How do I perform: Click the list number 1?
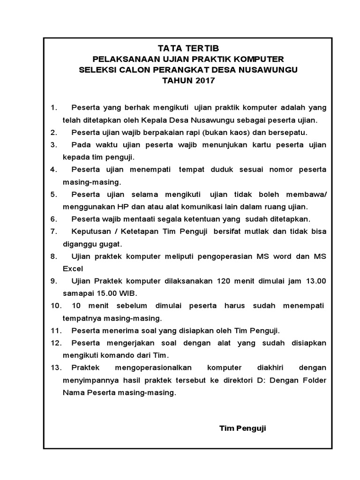click(x=53, y=107)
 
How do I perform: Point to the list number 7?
click(x=53, y=232)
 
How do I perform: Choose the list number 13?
click(x=56, y=367)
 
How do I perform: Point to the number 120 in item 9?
click(x=225, y=281)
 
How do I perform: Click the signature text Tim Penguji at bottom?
click(x=242, y=428)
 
